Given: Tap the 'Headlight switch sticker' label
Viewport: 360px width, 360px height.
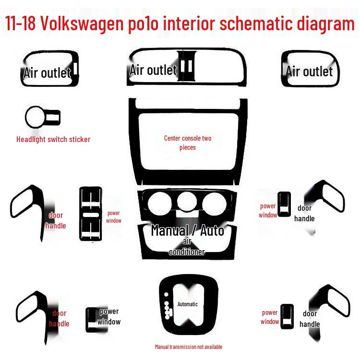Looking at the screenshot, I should tap(53, 140).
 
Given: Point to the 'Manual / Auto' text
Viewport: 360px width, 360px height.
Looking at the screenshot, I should tap(188, 230).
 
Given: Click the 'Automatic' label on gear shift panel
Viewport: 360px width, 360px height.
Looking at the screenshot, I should tap(188, 304).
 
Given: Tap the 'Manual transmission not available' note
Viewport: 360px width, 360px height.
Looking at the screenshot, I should tap(188, 347).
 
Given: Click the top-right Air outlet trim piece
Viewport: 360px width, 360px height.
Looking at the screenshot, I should tap(310, 69).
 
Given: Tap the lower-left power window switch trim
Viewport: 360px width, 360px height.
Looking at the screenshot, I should tap(92, 319).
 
